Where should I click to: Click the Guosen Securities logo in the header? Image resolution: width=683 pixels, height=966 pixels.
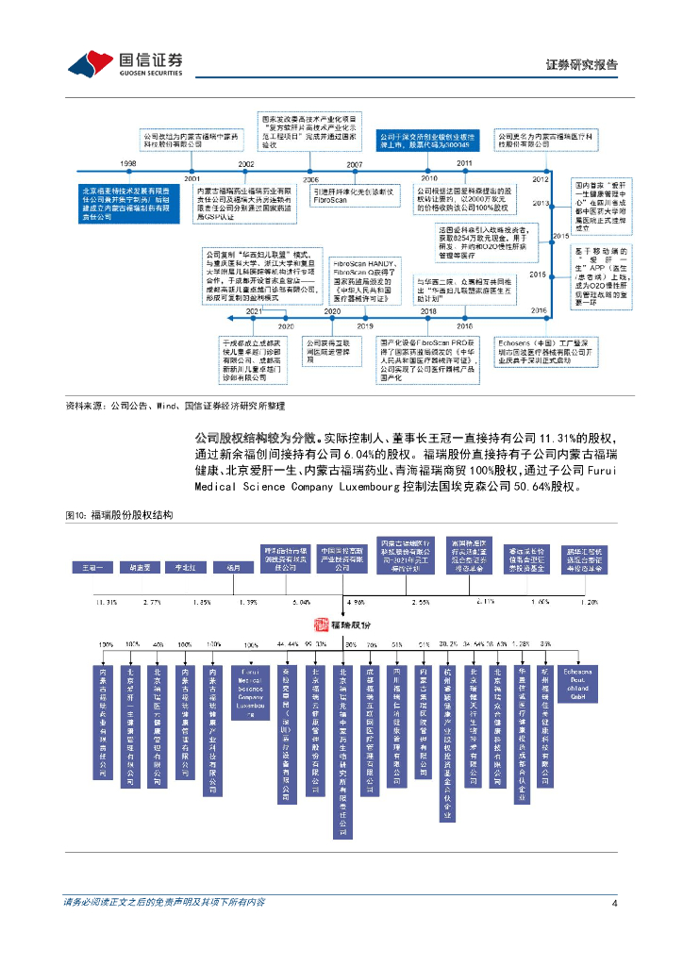click(123, 63)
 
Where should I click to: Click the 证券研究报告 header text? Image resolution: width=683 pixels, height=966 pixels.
click(582, 65)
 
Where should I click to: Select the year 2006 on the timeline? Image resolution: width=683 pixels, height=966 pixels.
click(310, 178)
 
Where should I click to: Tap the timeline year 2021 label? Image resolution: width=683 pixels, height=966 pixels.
click(254, 310)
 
